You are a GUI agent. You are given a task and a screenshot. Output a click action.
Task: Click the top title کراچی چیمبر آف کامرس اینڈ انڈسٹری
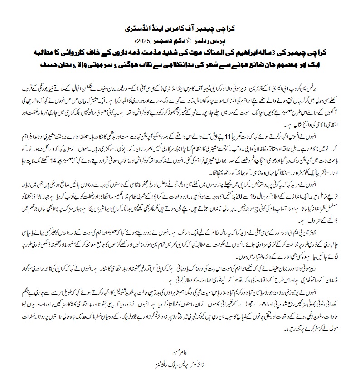coord(180,28)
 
